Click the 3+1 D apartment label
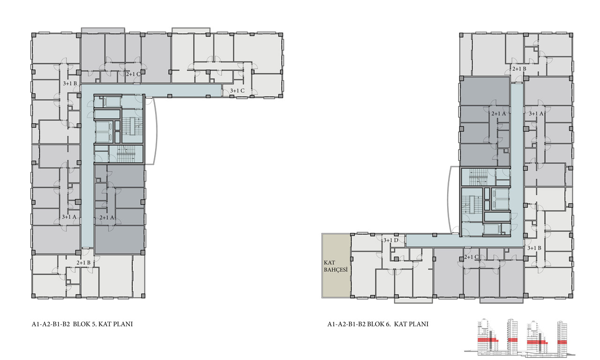point(391,240)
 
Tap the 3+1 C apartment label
point(237,91)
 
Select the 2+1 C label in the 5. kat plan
point(133,74)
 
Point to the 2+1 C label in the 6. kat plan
point(471,257)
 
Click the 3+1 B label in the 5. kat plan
point(70,83)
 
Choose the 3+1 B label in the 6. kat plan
point(534,248)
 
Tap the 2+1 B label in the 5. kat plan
point(83,263)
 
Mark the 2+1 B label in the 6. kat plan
point(519,69)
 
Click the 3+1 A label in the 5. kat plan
point(69,217)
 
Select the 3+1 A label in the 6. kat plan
point(536,113)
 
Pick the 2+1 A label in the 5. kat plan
point(107,217)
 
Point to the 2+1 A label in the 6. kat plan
point(499,113)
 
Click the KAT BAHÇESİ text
point(336,266)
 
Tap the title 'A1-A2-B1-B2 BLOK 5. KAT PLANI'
point(82,324)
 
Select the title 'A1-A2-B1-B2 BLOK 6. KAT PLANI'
point(378,324)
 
